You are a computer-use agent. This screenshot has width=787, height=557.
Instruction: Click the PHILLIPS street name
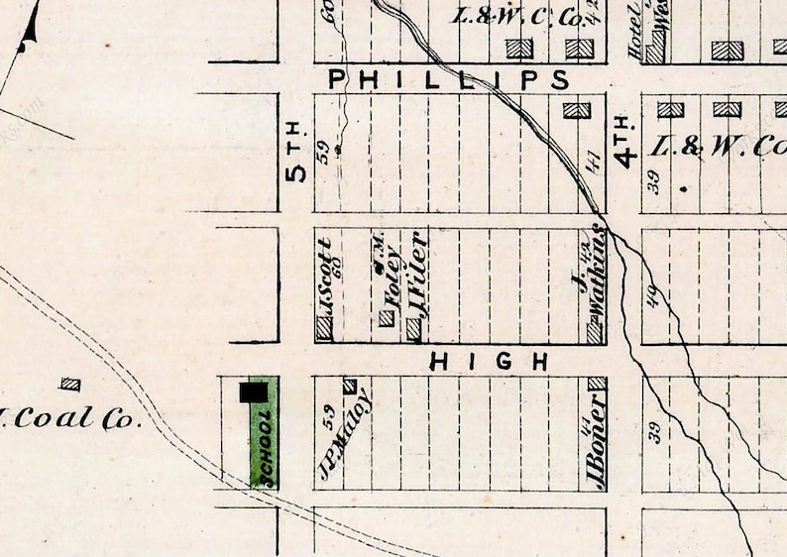pos(449,78)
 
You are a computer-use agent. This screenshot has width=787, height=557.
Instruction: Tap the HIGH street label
pos(489,363)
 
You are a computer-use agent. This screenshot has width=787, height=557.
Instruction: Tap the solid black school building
pos(254,392)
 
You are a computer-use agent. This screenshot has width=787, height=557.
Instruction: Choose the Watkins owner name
pos(596,276)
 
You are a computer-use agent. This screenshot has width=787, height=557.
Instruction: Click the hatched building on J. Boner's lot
pos(596,384)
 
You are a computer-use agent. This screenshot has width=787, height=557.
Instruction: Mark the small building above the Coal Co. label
pos(69,384)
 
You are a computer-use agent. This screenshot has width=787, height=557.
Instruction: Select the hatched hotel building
pos(655,50)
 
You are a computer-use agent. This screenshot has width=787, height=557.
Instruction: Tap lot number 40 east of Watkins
pos(653,294)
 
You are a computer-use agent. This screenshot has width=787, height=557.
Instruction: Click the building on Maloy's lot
pos(349,386)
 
